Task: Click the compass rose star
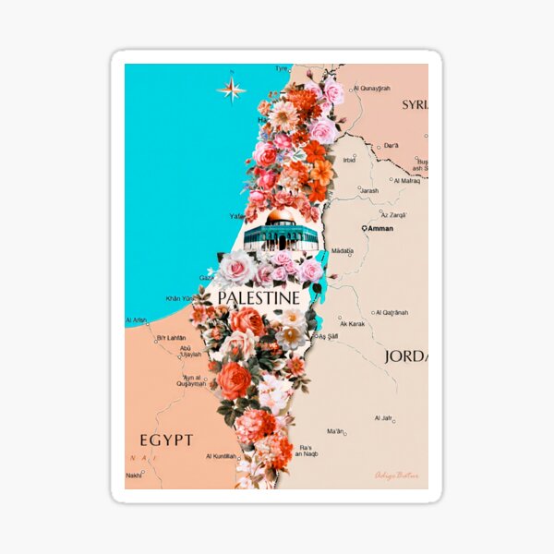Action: (x=231, y=90)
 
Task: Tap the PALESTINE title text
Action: (x=258, y=298)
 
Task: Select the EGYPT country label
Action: (x=166, y=440)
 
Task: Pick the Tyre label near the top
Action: (x=282, y=68)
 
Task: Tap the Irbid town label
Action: (x=349, y=160)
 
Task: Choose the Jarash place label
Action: (x=368, y=190)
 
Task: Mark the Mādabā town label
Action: (x=343, y=250)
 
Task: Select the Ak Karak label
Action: (x=354, y=324)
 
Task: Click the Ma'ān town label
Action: (x=335, y=431)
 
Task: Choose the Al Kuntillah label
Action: (x=222, y=456)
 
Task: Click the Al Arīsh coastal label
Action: (x=136, y=320)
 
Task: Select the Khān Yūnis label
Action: (x=182, y=298)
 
